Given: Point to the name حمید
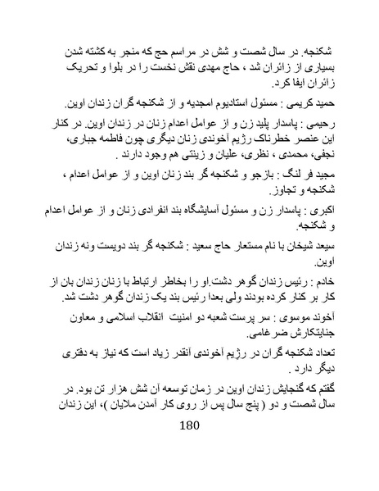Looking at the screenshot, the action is [x=335, y=104].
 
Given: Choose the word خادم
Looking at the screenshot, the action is [x=336, y=282].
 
